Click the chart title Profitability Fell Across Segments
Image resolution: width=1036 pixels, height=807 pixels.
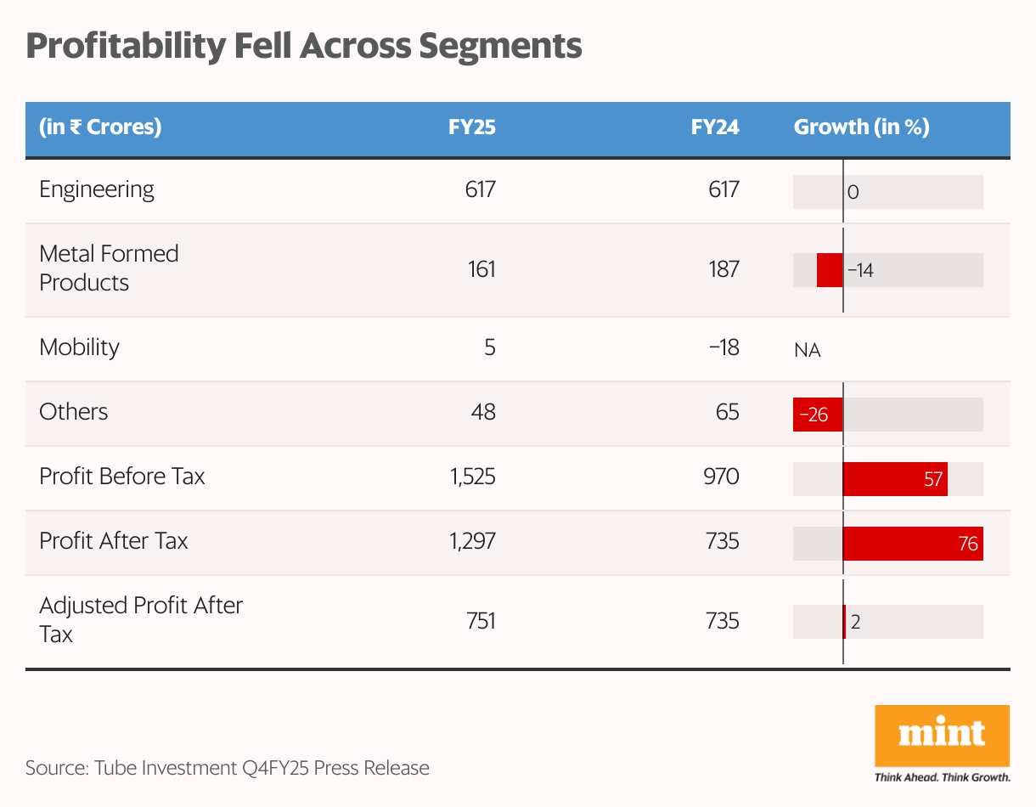point(303,47)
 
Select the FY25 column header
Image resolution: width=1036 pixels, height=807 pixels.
point(472,127)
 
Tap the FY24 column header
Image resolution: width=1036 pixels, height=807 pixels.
point(715,127)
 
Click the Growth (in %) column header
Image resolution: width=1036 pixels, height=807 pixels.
point(861,127)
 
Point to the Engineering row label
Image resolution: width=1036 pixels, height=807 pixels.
point(97,189)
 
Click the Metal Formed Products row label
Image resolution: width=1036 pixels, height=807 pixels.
point(109,268)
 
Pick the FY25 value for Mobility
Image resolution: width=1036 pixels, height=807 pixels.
point(490,347)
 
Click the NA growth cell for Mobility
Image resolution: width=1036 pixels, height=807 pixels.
point(808,350)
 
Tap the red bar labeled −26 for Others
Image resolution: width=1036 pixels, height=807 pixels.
point(818,415)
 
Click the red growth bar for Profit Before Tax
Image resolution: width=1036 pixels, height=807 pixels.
point(895,479)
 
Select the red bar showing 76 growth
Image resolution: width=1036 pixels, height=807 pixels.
point(913,544)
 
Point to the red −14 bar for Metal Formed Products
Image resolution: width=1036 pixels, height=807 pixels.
point(830,270)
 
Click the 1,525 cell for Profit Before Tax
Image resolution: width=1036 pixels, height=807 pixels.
point(472,476)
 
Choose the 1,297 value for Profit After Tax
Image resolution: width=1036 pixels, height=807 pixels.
point(472,540)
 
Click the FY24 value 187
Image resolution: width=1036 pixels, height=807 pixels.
point(724,269)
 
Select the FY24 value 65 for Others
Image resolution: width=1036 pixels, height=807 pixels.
point(727,411)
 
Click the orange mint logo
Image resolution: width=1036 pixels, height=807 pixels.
point(942,736)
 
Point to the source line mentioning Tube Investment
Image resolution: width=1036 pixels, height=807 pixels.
point(228,768)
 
